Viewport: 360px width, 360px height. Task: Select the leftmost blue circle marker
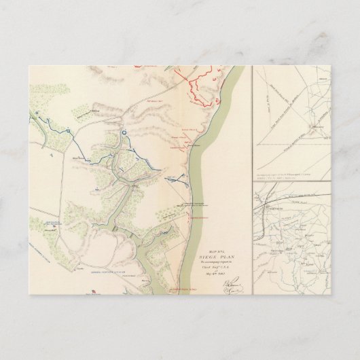38,116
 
